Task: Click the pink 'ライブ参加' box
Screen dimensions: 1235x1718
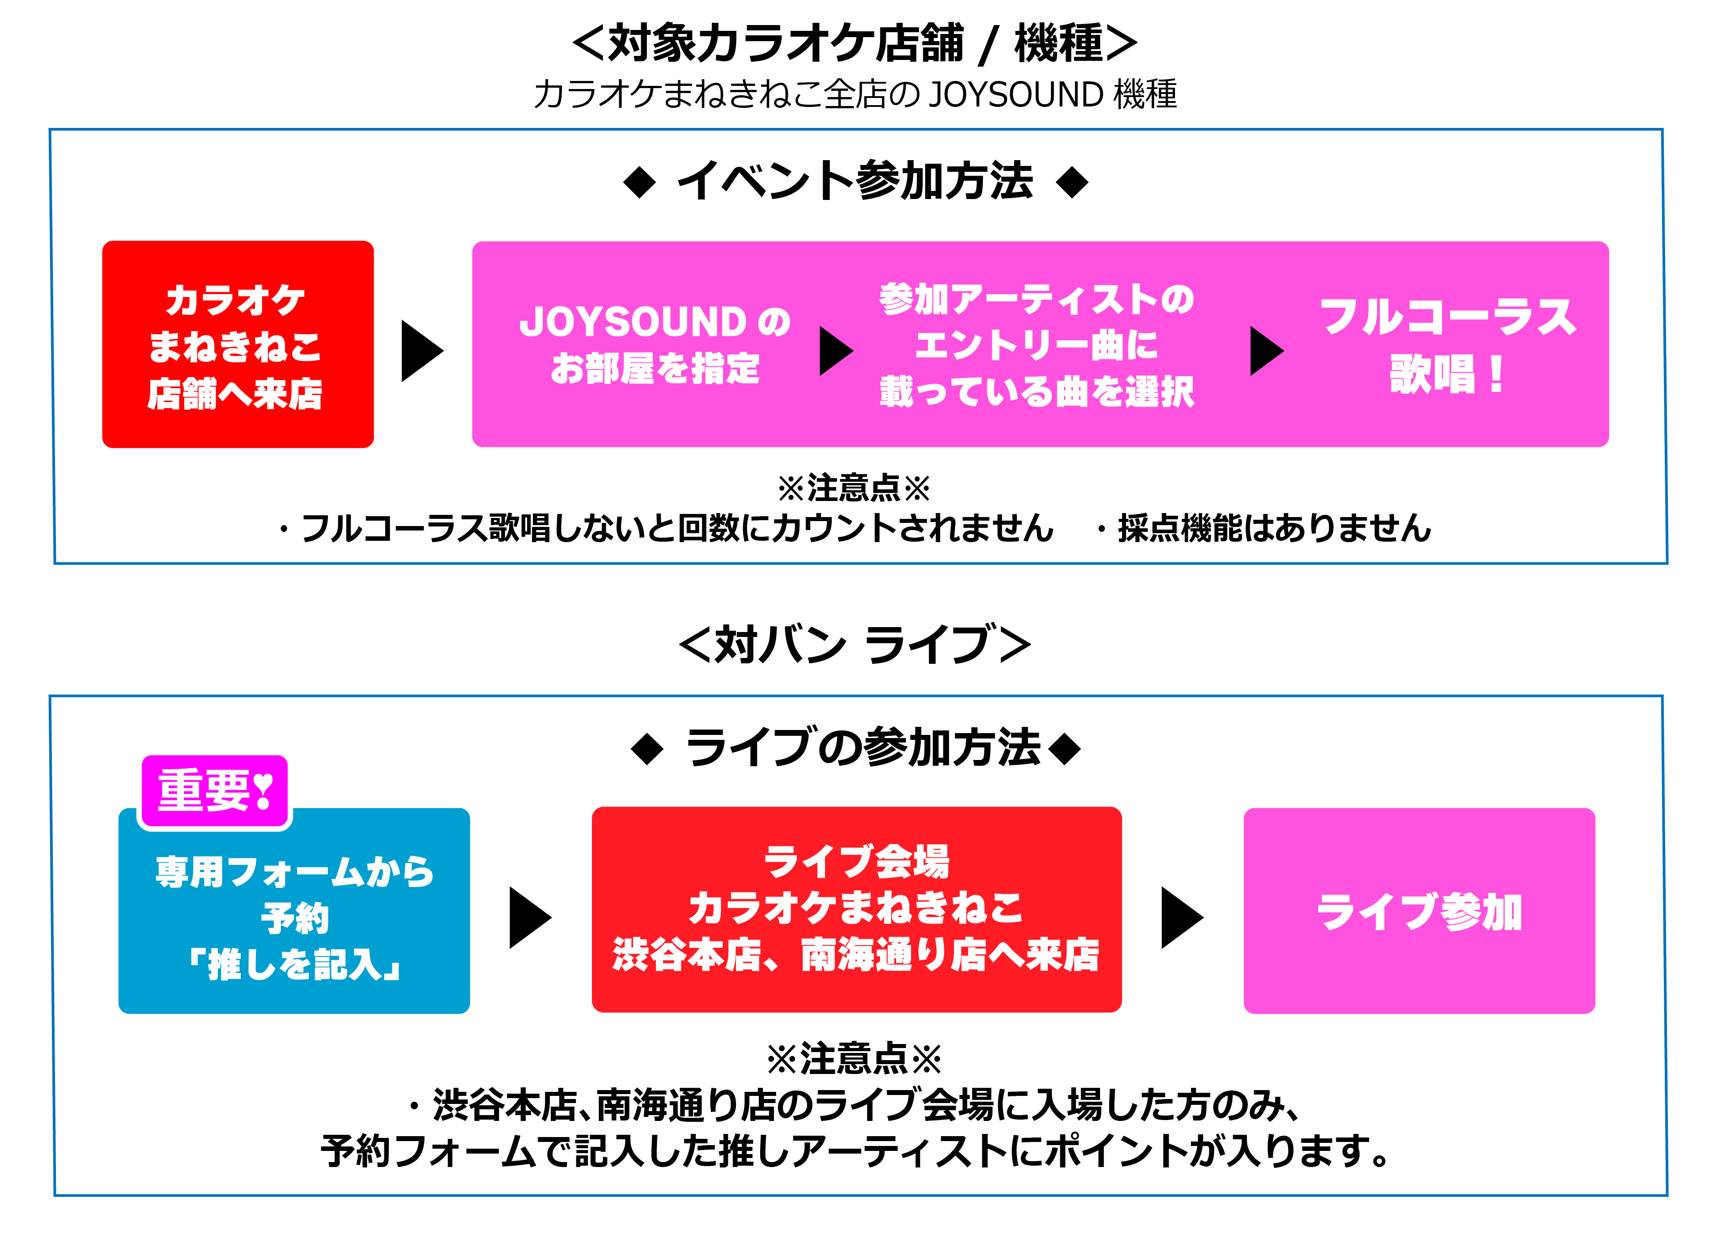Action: point(1419,911)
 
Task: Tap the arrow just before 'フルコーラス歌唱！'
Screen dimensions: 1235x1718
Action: point(1265,351)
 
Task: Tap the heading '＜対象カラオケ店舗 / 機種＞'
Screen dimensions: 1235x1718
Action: point(855,43)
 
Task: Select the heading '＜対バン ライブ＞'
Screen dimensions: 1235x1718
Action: point(855,645)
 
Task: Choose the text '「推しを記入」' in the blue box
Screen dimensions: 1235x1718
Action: point(294,964)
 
